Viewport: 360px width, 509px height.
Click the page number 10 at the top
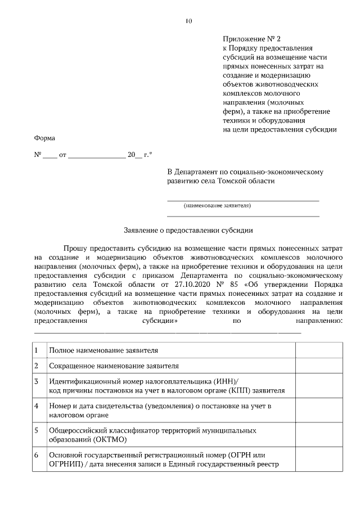[x=188, y=21]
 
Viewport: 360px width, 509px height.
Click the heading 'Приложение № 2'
[x=244, y=39]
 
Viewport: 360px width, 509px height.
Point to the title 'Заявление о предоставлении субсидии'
[x=188, y=230]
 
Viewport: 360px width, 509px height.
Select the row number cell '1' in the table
[x=37, y=350]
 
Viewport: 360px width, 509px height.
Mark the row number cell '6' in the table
[x=37, y=454]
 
